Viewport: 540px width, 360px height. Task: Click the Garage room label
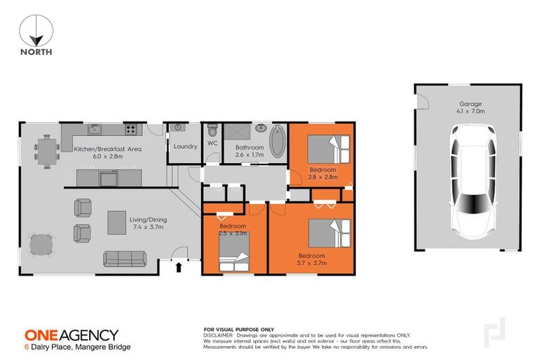point(467,104)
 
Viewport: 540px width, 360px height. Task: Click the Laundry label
point(184,146)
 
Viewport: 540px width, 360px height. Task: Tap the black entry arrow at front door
point(178,266)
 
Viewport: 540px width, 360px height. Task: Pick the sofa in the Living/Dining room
point(124,258)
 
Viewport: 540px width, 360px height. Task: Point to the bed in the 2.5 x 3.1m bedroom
point(233,263)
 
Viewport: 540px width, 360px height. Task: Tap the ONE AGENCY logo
point(72,335)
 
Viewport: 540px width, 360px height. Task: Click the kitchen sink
point(93,129)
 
